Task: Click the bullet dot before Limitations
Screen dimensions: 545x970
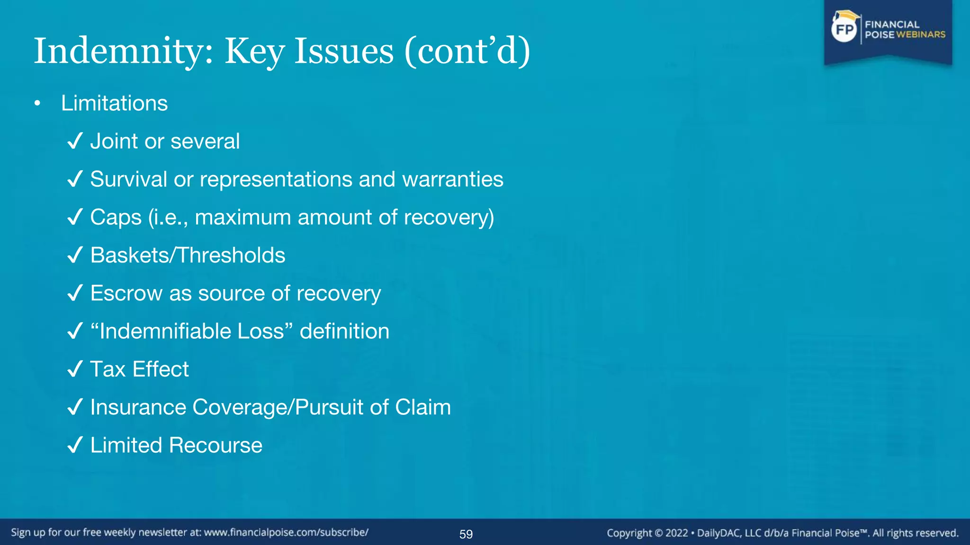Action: click(37, 104)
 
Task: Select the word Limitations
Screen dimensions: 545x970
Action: click(114, 104)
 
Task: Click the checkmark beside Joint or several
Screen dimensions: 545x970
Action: click(75, 141)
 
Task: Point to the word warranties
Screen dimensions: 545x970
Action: click(452, 179)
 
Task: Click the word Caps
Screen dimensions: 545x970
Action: click(116, 218)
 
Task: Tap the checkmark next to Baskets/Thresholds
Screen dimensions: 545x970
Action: click(75, 255)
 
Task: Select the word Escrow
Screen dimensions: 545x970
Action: click(126, 293)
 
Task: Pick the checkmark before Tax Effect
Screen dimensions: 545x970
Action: click(75, 369)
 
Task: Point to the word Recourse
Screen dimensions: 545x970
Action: click(216, 445)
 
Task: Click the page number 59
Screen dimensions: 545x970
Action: click(466, 534)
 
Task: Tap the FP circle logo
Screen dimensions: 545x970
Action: click(844, 30)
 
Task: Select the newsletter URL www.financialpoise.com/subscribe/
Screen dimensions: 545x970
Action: click(286, 533)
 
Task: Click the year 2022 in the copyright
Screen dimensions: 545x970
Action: click(676, 533)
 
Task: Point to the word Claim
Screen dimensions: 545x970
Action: click(423, 407)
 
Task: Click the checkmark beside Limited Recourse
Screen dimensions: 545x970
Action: click(75, 445)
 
